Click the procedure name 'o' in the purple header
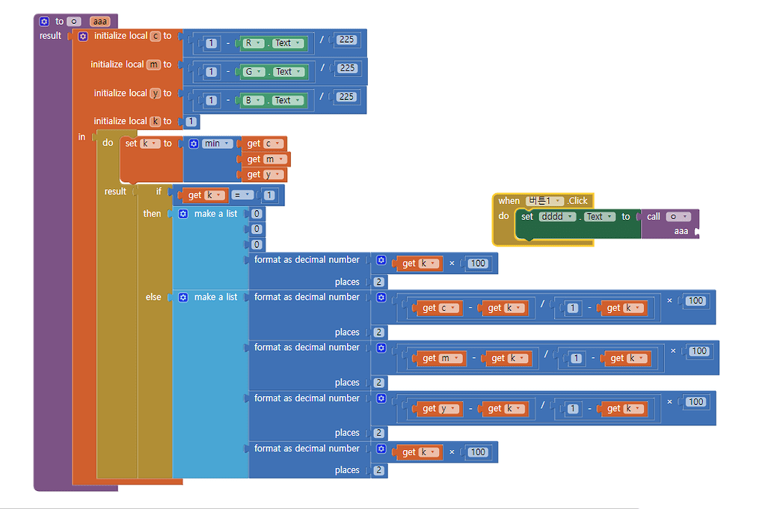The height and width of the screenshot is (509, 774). (75, 22)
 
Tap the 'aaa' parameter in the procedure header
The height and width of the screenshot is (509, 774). (100, 22)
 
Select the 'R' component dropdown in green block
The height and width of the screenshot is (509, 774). (253, 43)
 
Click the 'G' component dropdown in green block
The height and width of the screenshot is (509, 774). (254, 72)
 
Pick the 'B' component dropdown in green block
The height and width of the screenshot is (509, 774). (253, 100)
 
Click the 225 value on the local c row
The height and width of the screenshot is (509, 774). (346, 40)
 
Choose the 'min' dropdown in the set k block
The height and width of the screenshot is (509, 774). (217, 144)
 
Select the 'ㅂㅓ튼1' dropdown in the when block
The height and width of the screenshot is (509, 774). (544, 201)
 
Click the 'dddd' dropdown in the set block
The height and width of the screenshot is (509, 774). (557, 217)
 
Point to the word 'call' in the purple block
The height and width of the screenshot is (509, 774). (654, 217)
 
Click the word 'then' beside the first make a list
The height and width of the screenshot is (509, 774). (152, 214)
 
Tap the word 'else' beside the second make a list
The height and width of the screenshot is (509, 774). (153, 297)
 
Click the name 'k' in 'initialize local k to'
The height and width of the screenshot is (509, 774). (156, 121)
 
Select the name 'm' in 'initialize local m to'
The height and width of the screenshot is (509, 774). (154, 64)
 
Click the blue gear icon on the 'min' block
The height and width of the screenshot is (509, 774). (194, 144)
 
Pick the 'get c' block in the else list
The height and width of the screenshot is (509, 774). (438, 308)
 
